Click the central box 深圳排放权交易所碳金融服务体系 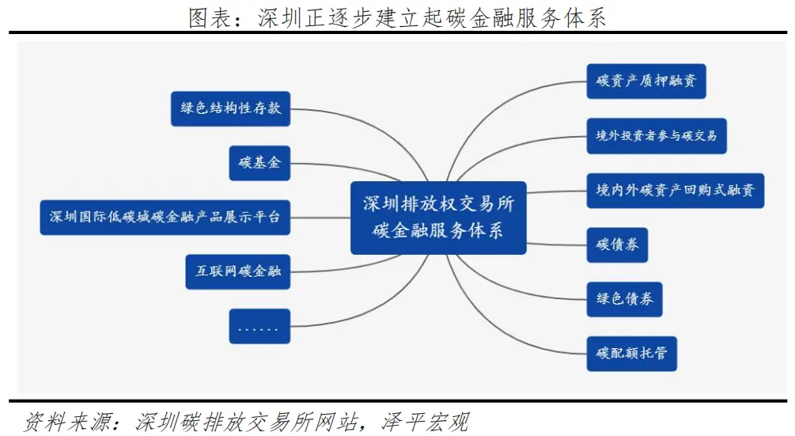tap(438, 217)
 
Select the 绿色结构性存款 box tap(230, 108)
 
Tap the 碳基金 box tap(259, 163)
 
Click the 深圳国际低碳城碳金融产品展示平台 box tap(165, 217)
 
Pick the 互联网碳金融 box tap(237, 271)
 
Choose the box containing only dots tap(259, 326)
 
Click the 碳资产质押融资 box tap(645, 82)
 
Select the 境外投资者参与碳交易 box tap(656, 136)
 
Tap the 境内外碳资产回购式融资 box tap(675, 190)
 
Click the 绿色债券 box tap(624, 300)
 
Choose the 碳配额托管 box tap(631, 354)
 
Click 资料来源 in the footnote tap(59, 419)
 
